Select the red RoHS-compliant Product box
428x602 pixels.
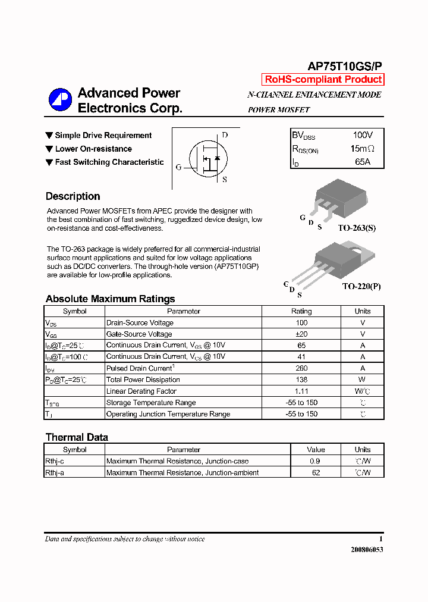pos(323,80)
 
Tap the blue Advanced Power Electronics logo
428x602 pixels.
pos(59,99)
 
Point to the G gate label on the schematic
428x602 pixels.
pos(178,167)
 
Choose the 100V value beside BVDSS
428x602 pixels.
pos(363,136)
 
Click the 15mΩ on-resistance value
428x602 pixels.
pos(363,149)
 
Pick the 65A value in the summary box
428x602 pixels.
pos(363,162)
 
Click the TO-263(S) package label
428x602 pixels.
pos(357,228)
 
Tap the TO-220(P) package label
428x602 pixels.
pos(361,286)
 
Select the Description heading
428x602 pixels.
pos(73,196)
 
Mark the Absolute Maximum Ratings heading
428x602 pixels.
pos(110,299)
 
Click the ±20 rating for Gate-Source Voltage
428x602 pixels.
pos(301,334)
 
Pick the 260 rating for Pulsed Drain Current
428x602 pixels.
pos(301,368)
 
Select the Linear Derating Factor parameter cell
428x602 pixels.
pos(141,391)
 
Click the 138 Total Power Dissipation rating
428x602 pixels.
pos(301,380)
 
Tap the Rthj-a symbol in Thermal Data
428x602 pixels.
pos(55,472)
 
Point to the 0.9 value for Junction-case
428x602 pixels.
pos(316,461)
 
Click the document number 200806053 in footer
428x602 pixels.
pos(367,550)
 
